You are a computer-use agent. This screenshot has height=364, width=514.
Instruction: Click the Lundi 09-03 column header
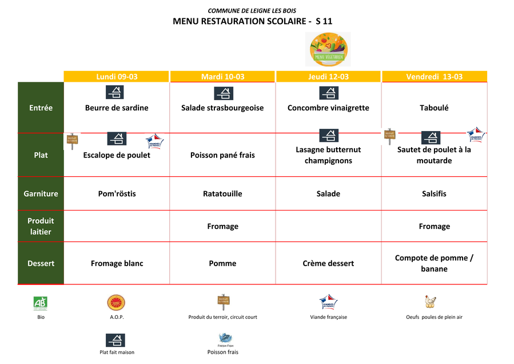coord(117,77)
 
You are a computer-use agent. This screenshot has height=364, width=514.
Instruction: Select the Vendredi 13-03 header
coord(435,77)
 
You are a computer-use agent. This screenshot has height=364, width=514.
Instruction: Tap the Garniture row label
coord(41,194)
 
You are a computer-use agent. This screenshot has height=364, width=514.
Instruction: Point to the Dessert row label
coord(41,263)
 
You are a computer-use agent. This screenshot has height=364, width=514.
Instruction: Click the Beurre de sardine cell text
coord(117,108)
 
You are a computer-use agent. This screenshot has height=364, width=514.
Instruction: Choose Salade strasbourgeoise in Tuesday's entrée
coord(222,108)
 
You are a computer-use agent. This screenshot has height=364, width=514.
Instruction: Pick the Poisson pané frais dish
coord(222,155)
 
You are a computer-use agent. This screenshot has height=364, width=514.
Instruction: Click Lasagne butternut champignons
coord(328,155)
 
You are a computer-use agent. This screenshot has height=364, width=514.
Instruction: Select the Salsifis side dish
coord(434,194)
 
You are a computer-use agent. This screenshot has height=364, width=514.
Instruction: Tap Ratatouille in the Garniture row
coord(222,194)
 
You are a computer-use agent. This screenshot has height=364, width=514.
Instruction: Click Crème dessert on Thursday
coord(328,263)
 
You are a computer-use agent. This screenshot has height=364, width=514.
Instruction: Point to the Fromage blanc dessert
coord(117,263)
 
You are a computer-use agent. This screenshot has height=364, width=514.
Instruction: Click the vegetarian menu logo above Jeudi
coord(328,49)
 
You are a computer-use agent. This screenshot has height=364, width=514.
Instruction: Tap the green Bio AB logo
coord(40,303)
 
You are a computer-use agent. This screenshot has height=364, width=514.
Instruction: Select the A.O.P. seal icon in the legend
coord(116,303)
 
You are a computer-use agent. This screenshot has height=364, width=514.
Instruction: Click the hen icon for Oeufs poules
coord(430,302)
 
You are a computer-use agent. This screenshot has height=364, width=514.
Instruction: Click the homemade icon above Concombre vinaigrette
coord(328,93)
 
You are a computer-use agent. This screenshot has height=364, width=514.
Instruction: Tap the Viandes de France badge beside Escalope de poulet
coord(154,140)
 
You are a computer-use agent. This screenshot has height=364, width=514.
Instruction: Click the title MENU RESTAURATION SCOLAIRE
coord(252,22)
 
